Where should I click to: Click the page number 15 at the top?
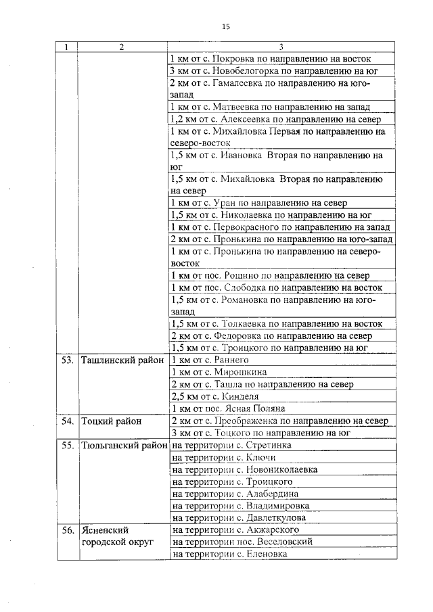(226, 26)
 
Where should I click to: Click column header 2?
(121, 47)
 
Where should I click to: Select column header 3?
(280, 47)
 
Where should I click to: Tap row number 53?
(67, 360)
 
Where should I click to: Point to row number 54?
(67, 421)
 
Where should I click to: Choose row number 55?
(67, 446)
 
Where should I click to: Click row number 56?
(67, 530)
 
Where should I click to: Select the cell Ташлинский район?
(122, 360)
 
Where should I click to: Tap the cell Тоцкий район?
(112, 421)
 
